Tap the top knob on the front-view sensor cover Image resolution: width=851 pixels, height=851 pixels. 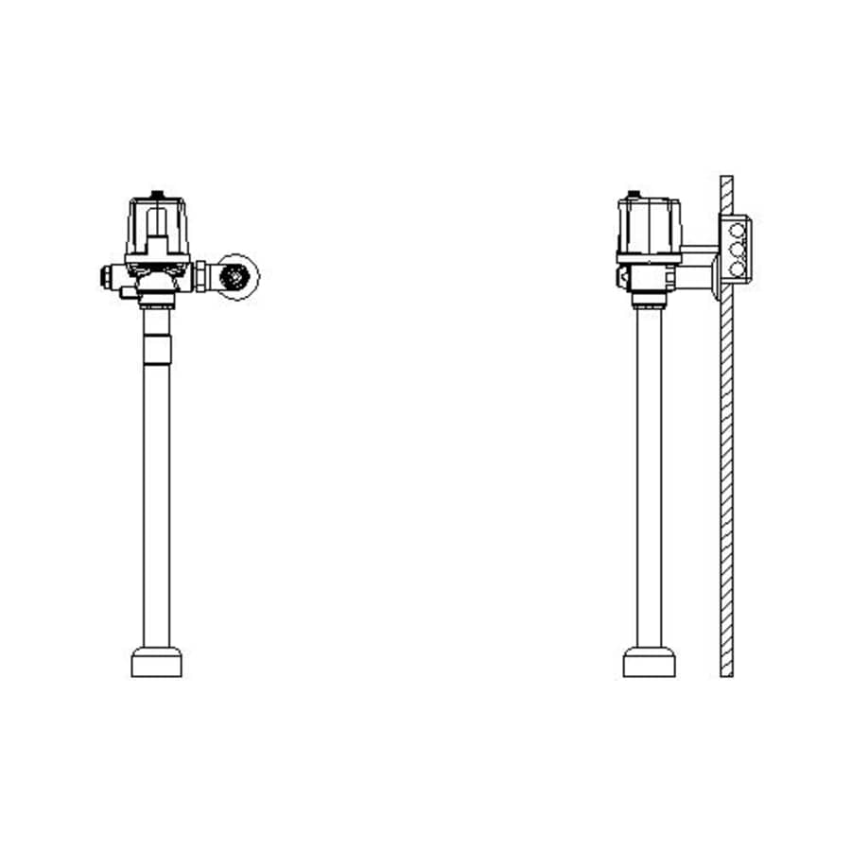pos(157,197)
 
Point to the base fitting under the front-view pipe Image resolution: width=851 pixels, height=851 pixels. pos(156,662)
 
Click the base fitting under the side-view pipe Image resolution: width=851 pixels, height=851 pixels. pos(649,662)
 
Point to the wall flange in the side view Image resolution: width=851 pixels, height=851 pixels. pos(712,281)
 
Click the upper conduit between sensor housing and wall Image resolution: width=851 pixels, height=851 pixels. pos(700,251)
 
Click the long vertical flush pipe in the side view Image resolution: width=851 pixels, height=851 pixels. pos(648,473)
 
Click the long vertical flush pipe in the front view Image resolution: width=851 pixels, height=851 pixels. pos(157,492)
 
